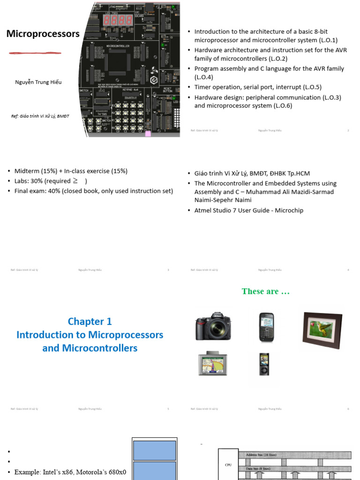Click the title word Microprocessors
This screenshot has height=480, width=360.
coord(43,34)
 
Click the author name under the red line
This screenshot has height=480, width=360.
coord(38,82)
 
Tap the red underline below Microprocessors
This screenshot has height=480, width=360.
coord(35,53)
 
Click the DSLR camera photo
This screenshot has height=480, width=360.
coord(213,326)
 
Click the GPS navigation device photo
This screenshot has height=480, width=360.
coord(213,363)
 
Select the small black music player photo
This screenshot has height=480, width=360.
coord(264,364)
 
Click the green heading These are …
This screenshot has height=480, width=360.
coord(266,292)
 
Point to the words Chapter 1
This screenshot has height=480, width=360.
coord(90,322)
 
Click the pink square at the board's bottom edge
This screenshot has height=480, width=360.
coord(148,134)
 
